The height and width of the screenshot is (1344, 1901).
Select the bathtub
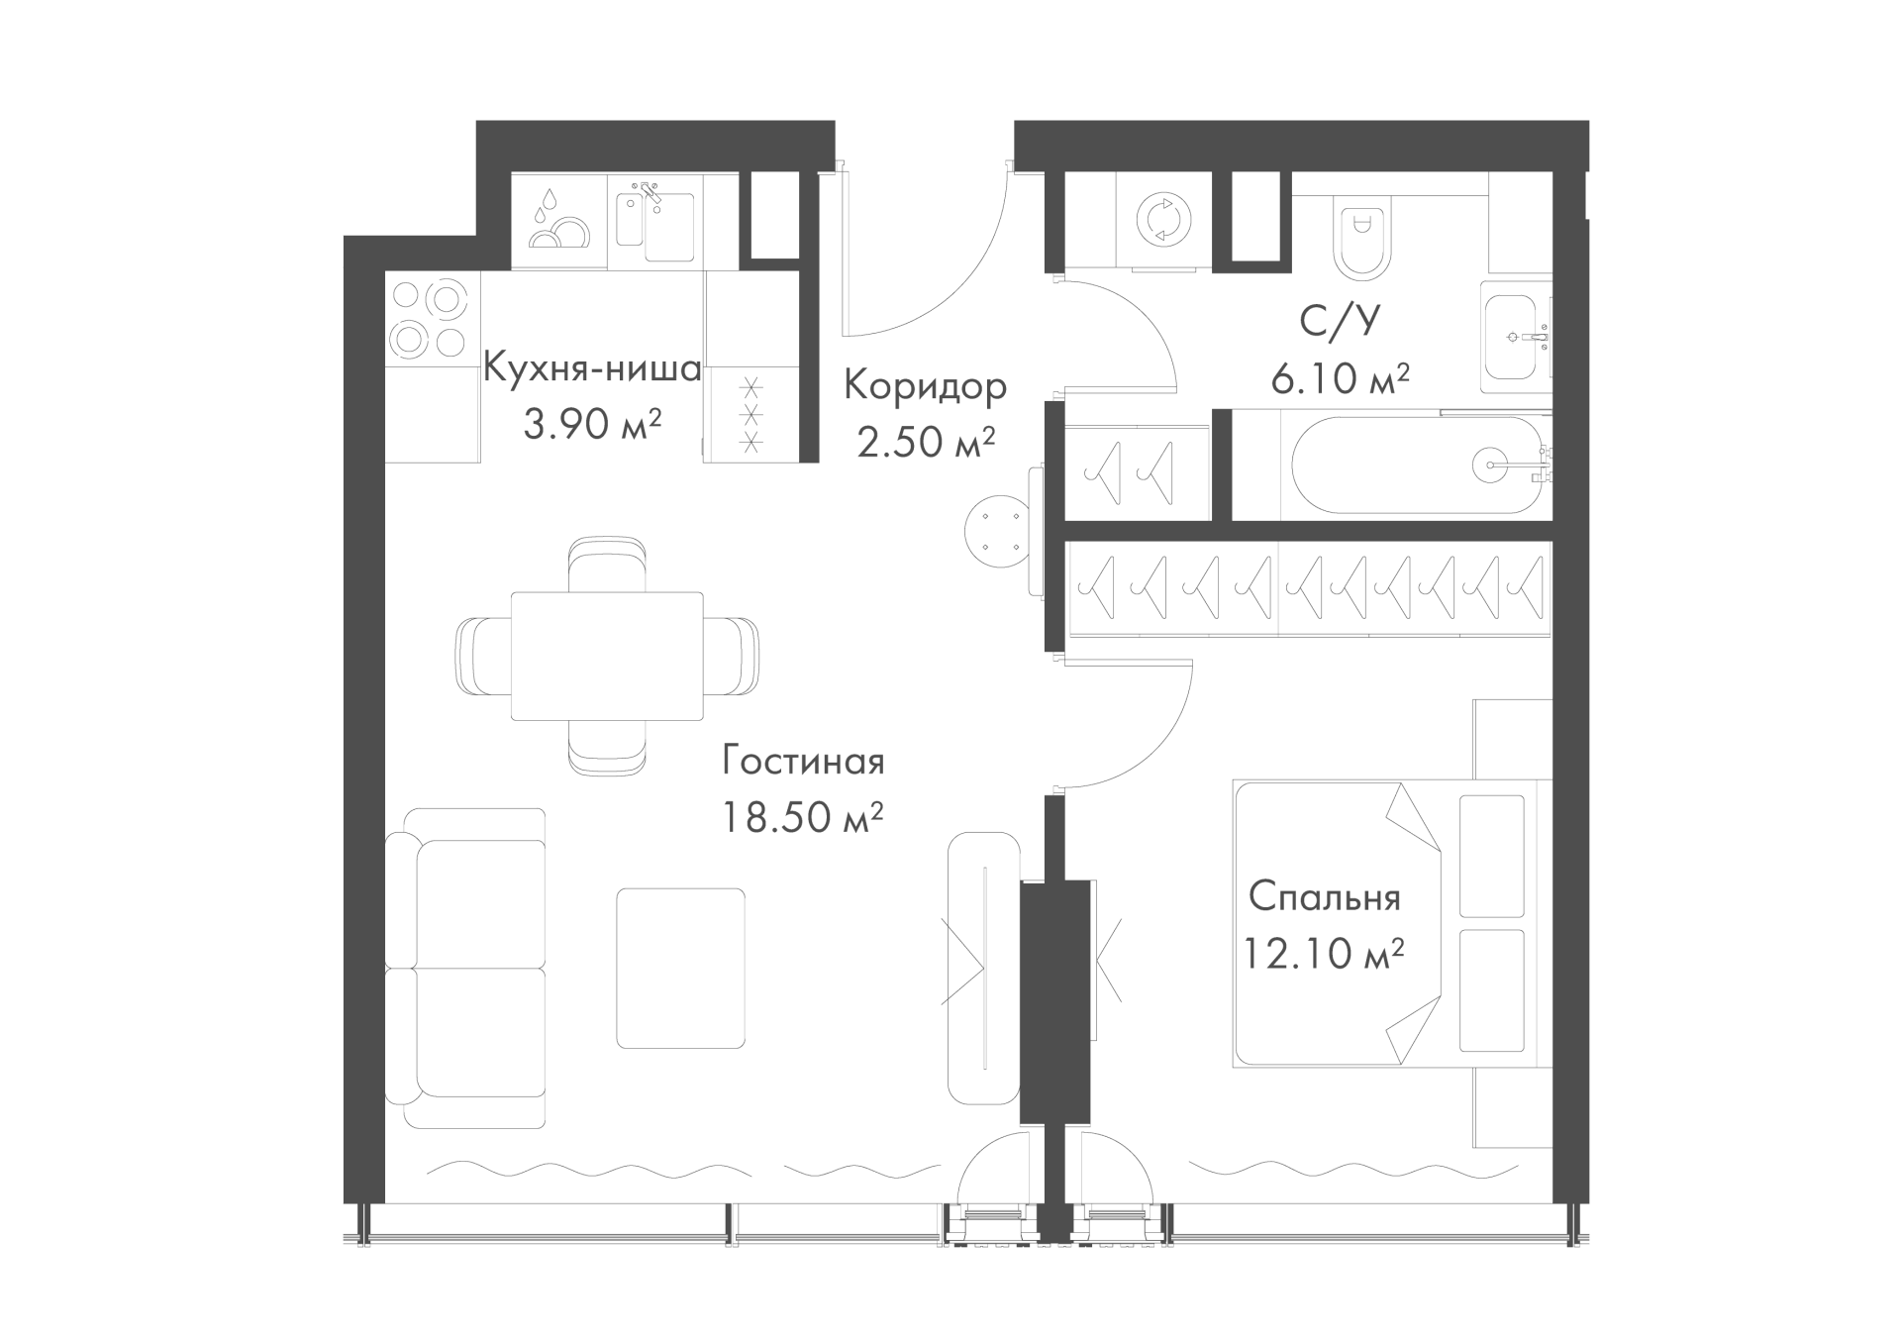tap(1415, 465)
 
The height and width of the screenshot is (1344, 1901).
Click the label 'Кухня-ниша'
tap(592, 370)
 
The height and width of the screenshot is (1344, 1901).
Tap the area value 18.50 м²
tap(802, 819)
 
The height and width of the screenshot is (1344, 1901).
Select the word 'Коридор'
tap(925, 386)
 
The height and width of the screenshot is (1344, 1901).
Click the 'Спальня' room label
tap(1324, 898)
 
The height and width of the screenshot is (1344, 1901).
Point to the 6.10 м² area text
tap(1340, 378)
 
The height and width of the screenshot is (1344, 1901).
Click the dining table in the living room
tap(607, 657)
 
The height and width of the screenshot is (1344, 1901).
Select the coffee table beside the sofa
tap(680, 968)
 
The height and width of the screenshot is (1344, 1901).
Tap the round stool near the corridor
tap(998, 533)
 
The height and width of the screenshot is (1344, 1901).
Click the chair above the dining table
tap(608, 565)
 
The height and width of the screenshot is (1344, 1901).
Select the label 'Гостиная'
tap(803, 762)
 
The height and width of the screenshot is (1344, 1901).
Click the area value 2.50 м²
tap(925, 443)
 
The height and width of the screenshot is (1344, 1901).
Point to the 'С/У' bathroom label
tap(1340, 322)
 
